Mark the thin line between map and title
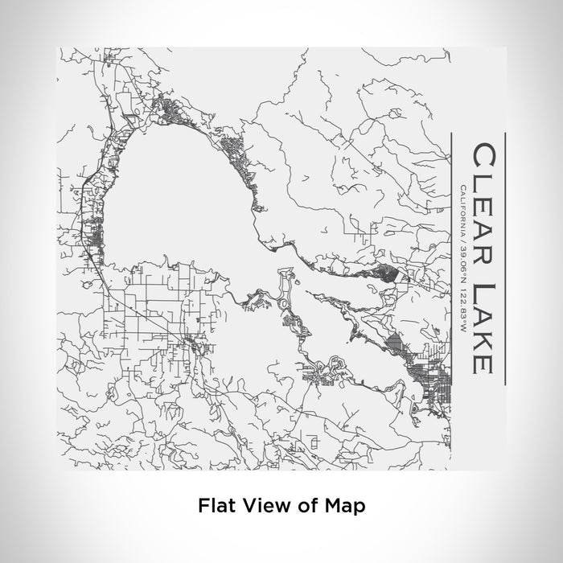(x=452, y=257)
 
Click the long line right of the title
(x=503, y=257)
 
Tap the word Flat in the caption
(x=214, y=507)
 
